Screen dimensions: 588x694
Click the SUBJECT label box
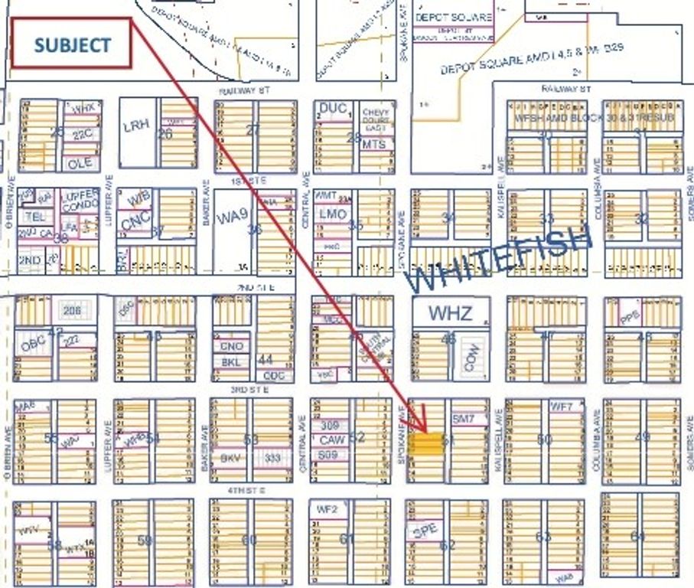point(72,45)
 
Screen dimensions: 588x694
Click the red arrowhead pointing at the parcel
point(419,426)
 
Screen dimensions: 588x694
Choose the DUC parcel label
point(332,109)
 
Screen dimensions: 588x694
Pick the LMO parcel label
point(333,214)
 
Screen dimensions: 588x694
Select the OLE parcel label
point(80,163)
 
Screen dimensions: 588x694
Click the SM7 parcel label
point(464,420)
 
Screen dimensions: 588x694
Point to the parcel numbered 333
point(272,457)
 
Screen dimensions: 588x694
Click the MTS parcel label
point(374,144)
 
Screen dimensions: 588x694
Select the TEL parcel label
point(35,217)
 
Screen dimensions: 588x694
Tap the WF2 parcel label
point(327,507)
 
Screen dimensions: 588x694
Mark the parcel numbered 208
point(72,311)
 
